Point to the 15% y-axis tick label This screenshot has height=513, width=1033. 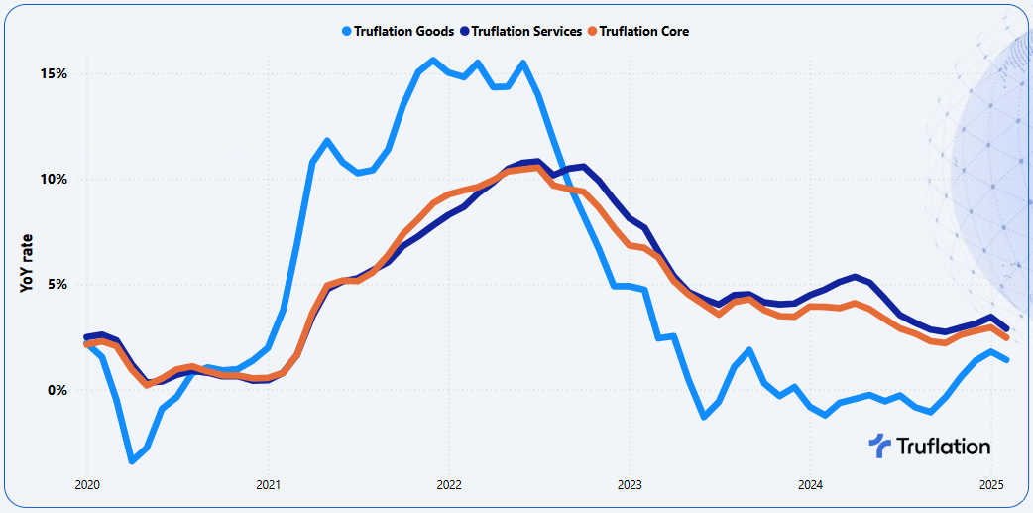pos(54,74)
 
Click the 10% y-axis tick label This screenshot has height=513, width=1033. pos(54,180)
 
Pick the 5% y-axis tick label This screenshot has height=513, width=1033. pos(57,285)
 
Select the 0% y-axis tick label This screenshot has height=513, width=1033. pos(57,390)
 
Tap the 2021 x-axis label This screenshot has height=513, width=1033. pos(268,486)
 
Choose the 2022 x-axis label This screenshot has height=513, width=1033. pos(448,486)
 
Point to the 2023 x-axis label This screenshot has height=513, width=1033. pos(629,486)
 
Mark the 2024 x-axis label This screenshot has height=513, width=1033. pos(810,486)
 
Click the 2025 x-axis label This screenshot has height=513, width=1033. pos(990,486)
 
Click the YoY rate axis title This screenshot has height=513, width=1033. pos(27,262)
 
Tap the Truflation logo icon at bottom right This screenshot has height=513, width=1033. pos(879,447)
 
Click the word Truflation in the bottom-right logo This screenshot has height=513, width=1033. pos(943,447)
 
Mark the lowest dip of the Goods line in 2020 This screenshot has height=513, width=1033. pos(132,460)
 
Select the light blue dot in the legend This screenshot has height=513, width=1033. pos(346,31)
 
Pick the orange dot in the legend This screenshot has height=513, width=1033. pos(592,31)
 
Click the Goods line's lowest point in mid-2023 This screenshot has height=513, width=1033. pos(704,417)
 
